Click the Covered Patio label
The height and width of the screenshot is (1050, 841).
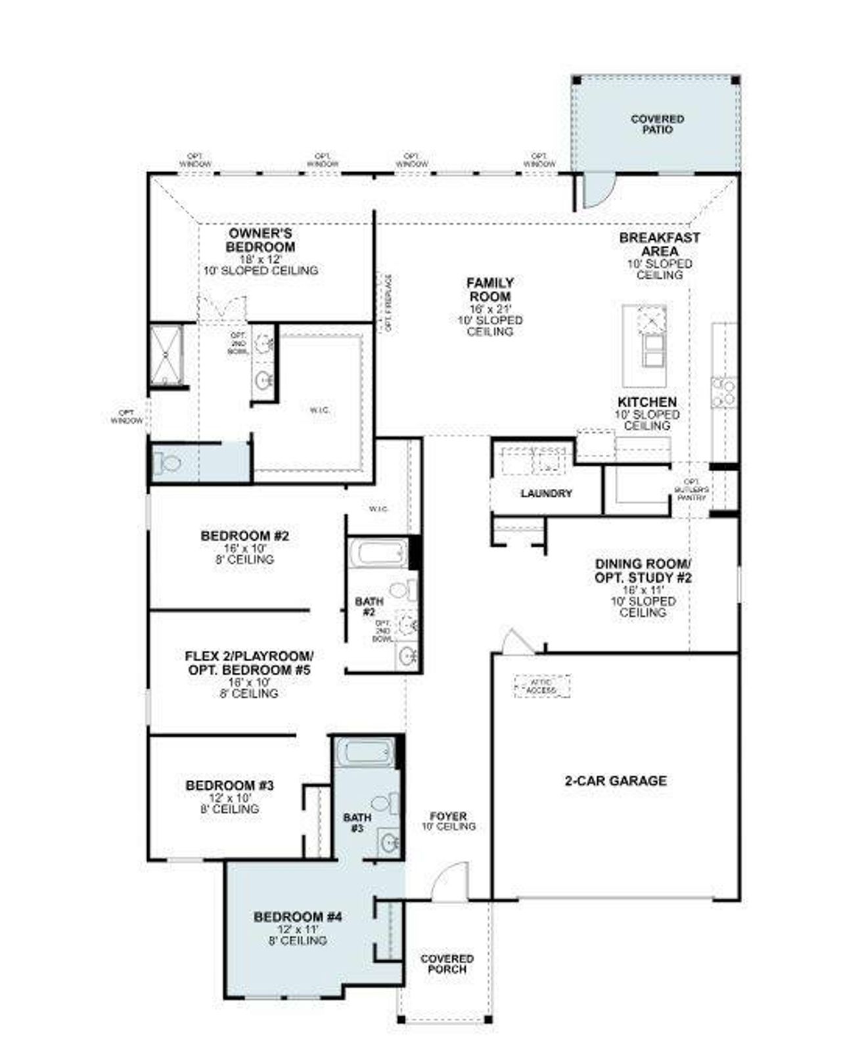(657, 124)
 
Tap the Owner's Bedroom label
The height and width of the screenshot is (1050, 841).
(261, 240)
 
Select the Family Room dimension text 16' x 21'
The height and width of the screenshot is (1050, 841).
(490, 309)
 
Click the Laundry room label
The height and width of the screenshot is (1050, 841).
(546, 493)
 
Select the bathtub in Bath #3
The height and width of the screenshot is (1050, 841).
(365, 752)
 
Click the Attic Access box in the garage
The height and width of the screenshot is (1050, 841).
(542, 687)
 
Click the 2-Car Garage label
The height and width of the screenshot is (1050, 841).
(615, 781)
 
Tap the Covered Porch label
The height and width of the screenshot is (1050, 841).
(447, 964)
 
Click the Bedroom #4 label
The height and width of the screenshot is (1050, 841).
(298, 917)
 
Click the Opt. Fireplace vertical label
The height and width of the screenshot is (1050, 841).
(388, 303)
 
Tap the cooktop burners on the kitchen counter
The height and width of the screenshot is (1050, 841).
(725, 392)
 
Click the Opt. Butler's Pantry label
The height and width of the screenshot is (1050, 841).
(692, 490)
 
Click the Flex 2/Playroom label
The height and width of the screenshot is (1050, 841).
(249, 663)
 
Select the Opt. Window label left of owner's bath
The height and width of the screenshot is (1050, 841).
(127, 417)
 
